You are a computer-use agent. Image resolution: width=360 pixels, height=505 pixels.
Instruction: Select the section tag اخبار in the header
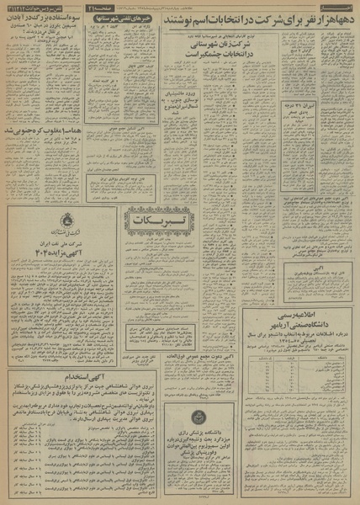[343, 7]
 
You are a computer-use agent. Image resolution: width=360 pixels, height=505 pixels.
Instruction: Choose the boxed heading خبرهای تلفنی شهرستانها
[128, 20]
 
